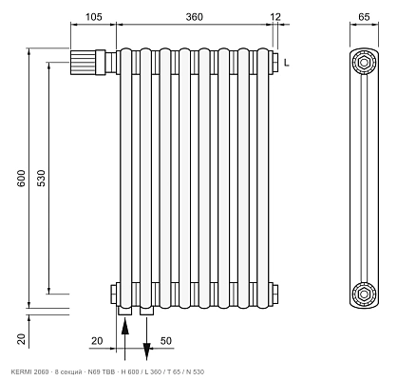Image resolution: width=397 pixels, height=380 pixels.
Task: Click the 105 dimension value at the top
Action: [94, 17]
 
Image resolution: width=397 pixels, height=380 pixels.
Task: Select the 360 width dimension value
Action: [194, 17]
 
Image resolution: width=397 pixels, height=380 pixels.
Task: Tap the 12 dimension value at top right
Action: [275, 17]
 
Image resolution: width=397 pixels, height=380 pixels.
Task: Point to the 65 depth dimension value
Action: [364, 16]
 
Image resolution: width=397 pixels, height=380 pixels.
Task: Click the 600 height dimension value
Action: [21, 178]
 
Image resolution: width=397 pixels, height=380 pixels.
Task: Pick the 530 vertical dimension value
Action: [41, 178]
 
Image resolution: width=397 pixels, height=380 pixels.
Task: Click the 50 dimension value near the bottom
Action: [166, 341]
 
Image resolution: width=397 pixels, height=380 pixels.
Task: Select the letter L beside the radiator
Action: [287, 63]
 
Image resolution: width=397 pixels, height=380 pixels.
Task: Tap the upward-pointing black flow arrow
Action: [125, 339]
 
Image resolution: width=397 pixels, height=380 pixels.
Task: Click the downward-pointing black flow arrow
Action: [146, 339]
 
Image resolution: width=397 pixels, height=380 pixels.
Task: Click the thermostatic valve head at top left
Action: [83, 63]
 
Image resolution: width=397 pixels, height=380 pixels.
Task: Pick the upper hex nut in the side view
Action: [364, 63]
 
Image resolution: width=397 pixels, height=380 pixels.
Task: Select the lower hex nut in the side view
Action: [364, 294]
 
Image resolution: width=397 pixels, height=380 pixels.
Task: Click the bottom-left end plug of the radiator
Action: [114, 294]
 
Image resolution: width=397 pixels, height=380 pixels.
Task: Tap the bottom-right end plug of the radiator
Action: [275, 294]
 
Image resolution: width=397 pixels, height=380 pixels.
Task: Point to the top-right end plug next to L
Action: [275, 63]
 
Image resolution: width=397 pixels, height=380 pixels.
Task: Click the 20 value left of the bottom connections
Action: [97, 341]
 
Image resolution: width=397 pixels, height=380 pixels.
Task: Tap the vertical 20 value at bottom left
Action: [21, 339]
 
